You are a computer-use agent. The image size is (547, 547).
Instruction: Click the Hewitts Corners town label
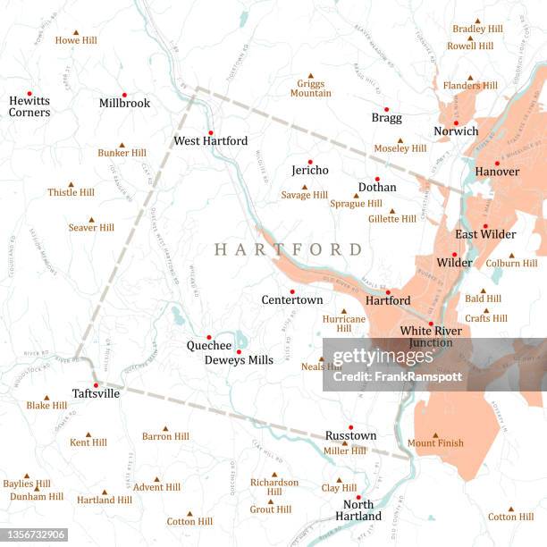(x=29, y=106)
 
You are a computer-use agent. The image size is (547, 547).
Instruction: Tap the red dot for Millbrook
(x=124, y=94)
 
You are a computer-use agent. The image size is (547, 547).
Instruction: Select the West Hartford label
(x=210, y=141)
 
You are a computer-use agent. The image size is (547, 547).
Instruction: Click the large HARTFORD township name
(x=288, y=249)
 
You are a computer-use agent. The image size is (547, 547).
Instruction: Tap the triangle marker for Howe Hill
(x=76, y=29)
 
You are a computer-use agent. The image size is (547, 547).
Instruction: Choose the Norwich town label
(x=456, y=131)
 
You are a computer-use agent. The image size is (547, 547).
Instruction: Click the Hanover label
(x=497, y=172)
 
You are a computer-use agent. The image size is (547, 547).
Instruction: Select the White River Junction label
(x=431, y=336)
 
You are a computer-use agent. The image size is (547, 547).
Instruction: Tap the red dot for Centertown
(x=291, y=291)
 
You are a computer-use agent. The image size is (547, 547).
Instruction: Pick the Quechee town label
(x=209, y=346)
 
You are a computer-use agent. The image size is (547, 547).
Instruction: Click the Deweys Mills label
(x=239, y=360)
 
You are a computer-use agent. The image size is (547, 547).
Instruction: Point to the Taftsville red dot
(x=96, y=385)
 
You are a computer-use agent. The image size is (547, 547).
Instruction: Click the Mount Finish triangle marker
(x=435, y=435)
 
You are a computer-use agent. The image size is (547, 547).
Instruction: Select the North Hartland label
(x=358, y=510)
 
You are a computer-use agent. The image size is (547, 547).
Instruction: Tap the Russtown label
(x=350, y=436)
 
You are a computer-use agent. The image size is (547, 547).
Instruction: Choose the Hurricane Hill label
(x=344, y=323)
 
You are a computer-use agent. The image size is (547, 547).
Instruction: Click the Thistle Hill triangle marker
(x=71, y=181)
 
